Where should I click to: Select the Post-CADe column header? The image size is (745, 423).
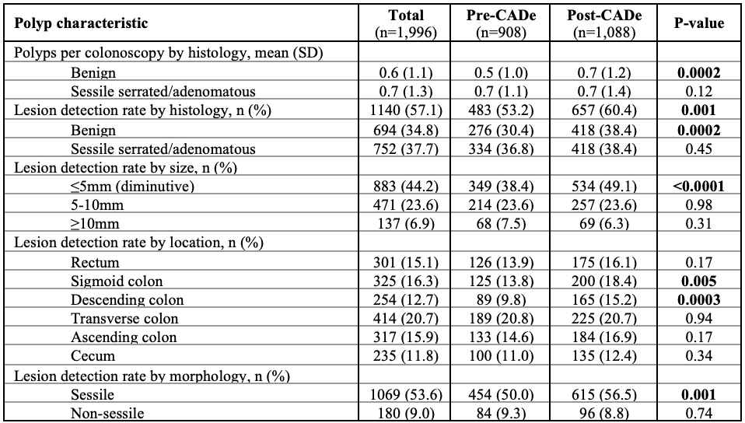pyautogui.click(x=604, y=23)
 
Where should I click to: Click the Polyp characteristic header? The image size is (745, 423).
pyautogui.click(x=81, y=23)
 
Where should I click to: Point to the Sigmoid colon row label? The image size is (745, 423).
pyautogui.click(x=117, y=281)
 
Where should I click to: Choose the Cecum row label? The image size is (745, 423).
pyautogui.click(x=93, y=356)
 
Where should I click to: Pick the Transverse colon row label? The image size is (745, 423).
pyautogui.click(x=125, y=319)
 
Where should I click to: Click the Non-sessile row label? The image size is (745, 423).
pyautogui.click(x=107, y=413)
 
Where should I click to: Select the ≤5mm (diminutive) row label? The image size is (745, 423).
pyautogui.click(x=132, y=187)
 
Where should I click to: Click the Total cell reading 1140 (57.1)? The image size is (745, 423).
pyautogui.click(x=406, y=110)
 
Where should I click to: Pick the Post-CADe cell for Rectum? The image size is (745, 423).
pyautogui.click(x=604, y=262)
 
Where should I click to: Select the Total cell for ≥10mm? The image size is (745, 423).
pyautogui.click(x=406, y=224)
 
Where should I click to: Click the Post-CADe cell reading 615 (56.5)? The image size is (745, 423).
pyautogui.click(x=604, y=394)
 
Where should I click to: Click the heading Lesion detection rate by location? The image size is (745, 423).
pyautogui.click(x=138, y=243)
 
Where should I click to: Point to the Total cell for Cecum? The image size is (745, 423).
pyautogui.click(x=406, y=356)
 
